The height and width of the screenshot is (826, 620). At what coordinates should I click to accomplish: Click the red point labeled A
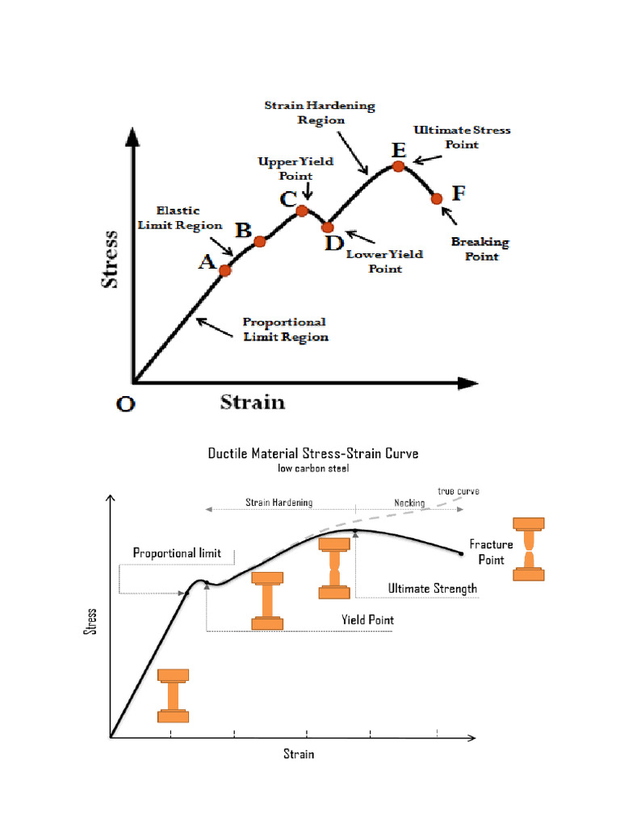[224, 269]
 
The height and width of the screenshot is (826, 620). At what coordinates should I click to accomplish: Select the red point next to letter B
[260, 241]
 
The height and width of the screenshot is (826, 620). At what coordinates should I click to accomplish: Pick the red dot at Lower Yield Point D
[327, 227]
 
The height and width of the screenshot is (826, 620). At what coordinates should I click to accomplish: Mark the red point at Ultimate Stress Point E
[398, 166]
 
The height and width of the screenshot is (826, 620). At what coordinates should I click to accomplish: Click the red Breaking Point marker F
[437, 198]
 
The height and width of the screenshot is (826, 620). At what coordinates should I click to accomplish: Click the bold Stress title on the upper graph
[109, 260]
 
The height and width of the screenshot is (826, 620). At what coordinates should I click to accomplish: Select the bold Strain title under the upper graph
[253, 402]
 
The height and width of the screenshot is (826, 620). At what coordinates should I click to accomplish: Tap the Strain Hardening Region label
[320, 113]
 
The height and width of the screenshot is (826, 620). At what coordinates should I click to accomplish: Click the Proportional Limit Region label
[286, 329]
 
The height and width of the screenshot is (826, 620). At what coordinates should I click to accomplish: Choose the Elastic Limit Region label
[179, 218]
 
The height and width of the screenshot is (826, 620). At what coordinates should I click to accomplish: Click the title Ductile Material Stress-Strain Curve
[313, 453]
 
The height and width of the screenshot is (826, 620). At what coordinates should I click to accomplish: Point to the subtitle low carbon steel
[312, 468]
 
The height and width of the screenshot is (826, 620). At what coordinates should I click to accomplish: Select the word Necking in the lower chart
[409, 503]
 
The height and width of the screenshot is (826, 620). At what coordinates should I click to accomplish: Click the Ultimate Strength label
[433, 588]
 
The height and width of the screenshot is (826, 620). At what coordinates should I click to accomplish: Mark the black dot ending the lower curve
[461, 553]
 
